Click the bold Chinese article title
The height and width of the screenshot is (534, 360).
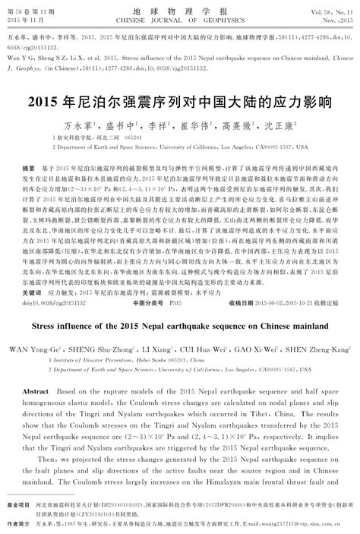179,99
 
